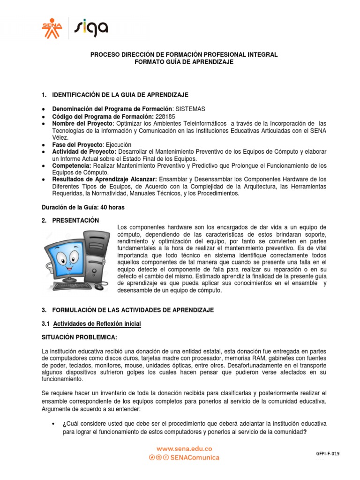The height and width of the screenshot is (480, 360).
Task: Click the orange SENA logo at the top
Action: click(52, 29)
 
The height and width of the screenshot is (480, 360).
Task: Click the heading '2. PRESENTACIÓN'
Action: click(71, 220)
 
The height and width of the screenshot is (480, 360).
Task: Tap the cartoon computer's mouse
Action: click(98, 286)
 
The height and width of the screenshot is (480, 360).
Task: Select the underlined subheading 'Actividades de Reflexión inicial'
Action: click(97, 324)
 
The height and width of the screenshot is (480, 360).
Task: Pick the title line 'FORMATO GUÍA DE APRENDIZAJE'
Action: click(183, 62)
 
